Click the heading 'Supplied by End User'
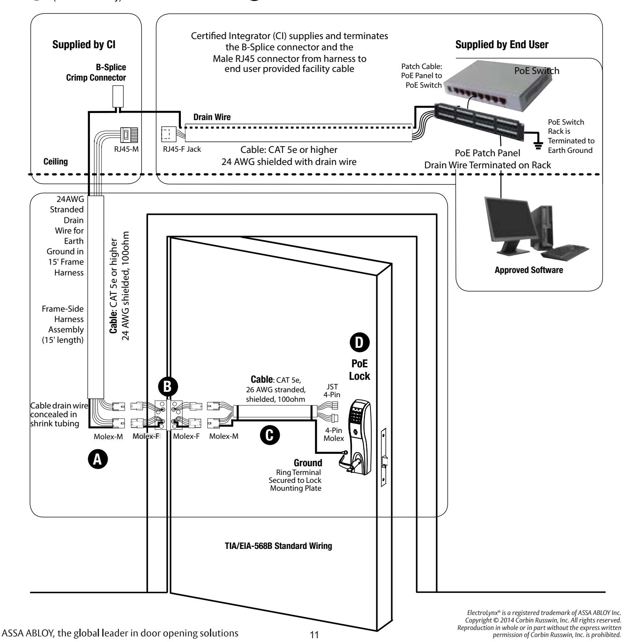[x=502, y=45]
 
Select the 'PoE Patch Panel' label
[x=488, y=154]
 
